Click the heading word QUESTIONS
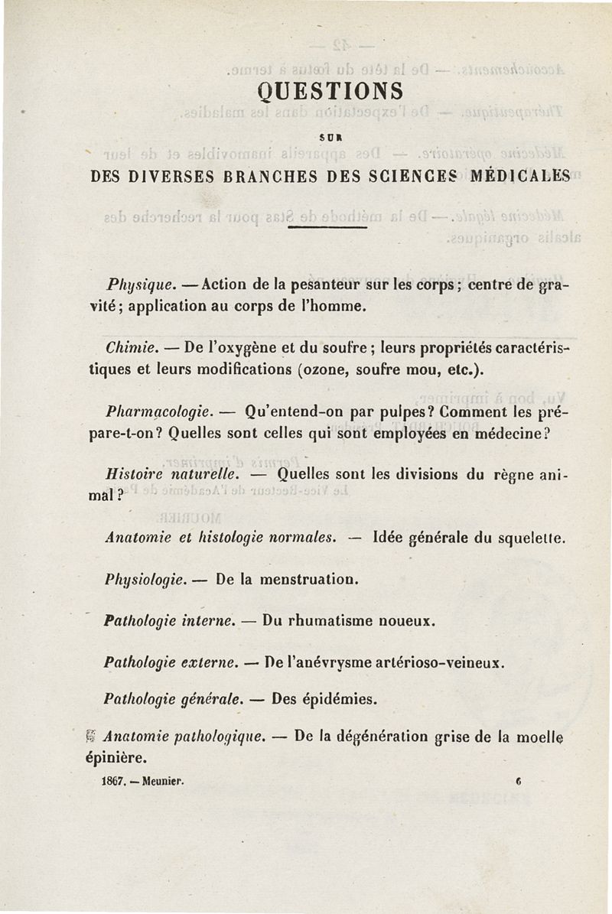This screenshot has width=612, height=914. click(330, 92)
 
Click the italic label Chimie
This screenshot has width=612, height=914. click(127, 350)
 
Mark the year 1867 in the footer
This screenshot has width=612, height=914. click(114, 782)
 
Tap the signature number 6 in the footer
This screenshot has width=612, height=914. click(518, 782)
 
